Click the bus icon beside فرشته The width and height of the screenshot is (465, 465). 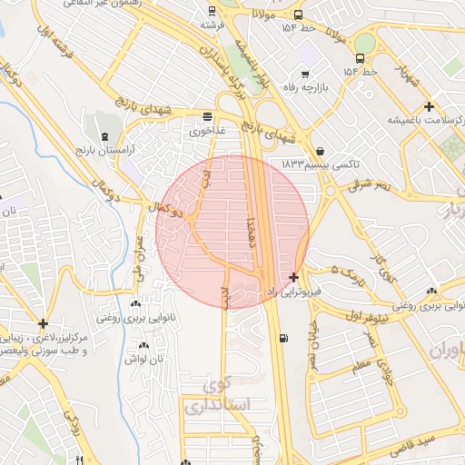212,12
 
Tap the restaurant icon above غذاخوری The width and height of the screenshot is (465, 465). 208,116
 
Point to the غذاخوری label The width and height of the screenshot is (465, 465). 207,131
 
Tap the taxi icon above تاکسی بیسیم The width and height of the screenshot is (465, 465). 320,151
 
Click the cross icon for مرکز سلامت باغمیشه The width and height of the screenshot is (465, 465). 429,106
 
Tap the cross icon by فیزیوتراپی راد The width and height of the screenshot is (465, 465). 293,276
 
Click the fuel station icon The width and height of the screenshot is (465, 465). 286,339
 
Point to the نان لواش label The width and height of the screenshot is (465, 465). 143,359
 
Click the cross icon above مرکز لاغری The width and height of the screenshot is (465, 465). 43,323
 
